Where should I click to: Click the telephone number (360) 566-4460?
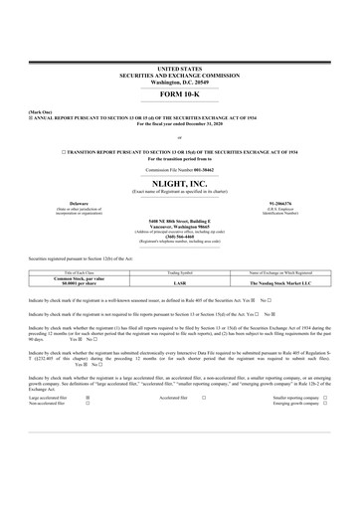coord(179,236)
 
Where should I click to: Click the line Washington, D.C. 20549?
coord(179,79)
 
